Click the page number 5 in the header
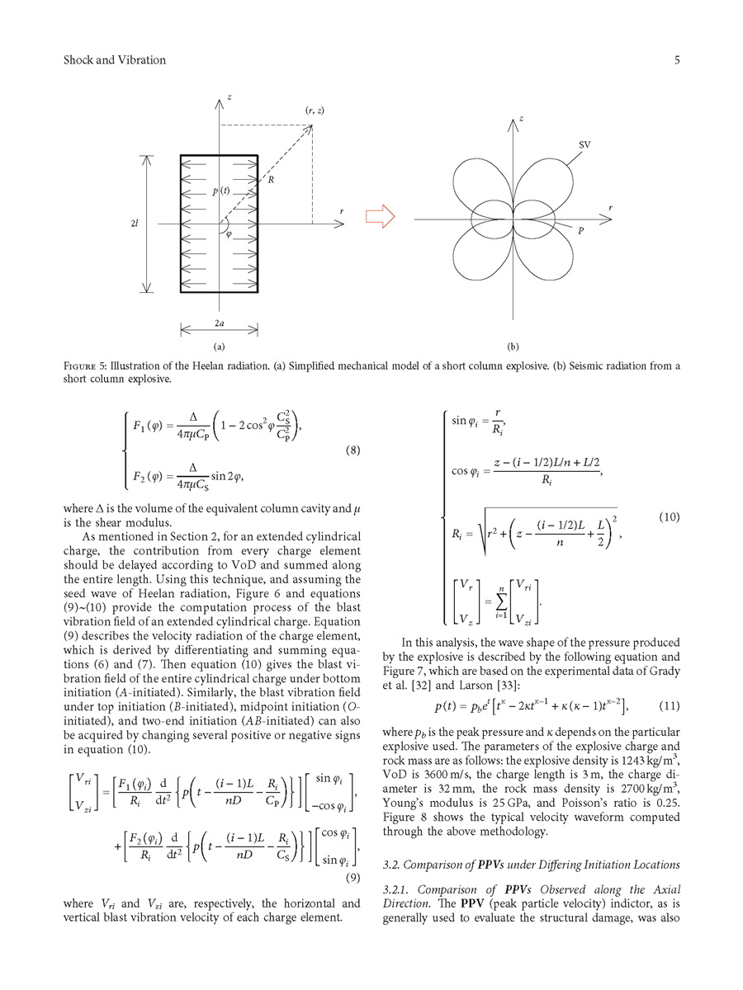676,60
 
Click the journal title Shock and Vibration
115,60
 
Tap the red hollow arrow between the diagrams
380,217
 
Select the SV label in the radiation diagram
584,145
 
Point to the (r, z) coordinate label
315,111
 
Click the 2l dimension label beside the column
134,223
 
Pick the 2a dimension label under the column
220,324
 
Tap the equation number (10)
669,517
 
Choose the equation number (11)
669,705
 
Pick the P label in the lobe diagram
581,233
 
